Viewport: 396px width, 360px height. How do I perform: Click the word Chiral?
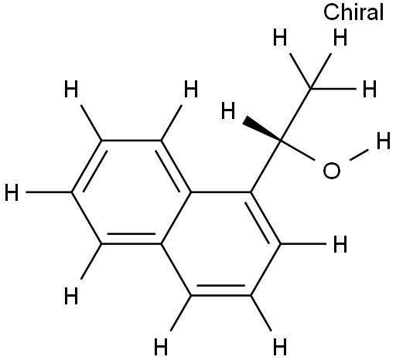coord(353,12)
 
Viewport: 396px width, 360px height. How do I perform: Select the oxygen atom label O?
coord(332,171)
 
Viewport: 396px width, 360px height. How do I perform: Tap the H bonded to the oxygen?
coord(384,141)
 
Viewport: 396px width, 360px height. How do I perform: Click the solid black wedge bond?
coord(261,131)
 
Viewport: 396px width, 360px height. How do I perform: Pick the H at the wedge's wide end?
coord(228,110)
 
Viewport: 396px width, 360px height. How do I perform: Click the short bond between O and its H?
coord(359,155)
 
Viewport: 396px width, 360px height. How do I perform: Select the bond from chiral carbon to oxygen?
coord(298,151)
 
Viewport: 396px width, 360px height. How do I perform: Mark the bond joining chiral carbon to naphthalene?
coord(266,166)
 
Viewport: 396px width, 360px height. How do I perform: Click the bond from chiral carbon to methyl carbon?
coord(296,115)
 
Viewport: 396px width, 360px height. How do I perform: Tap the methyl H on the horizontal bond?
coord(370,89)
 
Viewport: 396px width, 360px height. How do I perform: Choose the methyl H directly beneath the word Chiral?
coord(340,37)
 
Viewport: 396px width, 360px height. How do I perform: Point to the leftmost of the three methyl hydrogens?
coord(280,37)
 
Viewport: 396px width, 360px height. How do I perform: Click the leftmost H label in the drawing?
coord(12,192)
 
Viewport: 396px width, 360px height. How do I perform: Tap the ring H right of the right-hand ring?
coord(340,243)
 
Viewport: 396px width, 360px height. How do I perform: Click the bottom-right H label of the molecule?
coord(280,347)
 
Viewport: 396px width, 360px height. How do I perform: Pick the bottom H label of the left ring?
coord(71,296)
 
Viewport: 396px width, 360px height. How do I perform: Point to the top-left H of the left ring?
coord(71,89)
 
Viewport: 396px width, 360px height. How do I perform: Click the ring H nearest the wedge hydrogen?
coord(191,89)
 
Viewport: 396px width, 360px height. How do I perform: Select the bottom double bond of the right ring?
coord(220,291)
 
